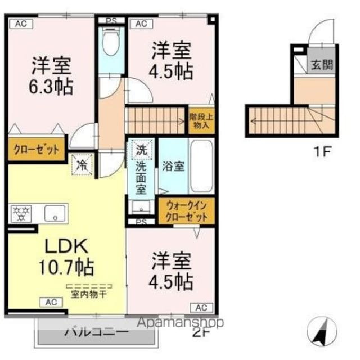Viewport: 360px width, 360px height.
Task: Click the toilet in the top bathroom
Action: coord(111,44)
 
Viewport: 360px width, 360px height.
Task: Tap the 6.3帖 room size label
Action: coord(51,87)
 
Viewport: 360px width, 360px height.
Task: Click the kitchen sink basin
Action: coord(55,213)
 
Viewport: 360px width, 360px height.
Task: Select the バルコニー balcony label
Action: coord(96,332)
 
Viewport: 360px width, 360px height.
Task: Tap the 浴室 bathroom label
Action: coord(173,167)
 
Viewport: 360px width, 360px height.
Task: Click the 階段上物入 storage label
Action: coord(201,121)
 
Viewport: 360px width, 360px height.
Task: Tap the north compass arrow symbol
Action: coord(322,332)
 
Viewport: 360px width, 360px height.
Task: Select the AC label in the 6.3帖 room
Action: coord(20,23)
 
